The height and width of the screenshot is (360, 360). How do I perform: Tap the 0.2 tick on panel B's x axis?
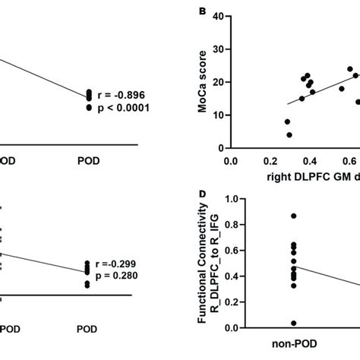point(269,161)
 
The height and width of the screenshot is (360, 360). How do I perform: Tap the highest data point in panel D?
point(292,216)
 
